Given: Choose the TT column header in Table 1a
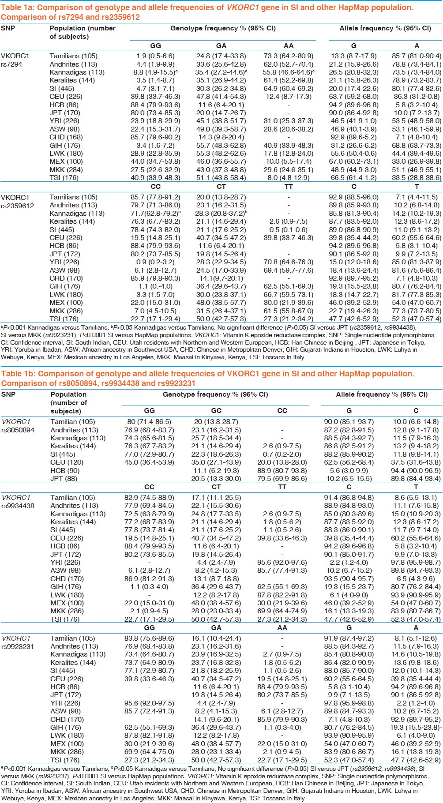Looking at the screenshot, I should pyautogui.click(x=288, y=187).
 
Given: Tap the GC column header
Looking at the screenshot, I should pyautogui.click(x=216, y=411).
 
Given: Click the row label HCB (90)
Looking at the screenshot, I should pyautogui.click(x=65, y=471).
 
